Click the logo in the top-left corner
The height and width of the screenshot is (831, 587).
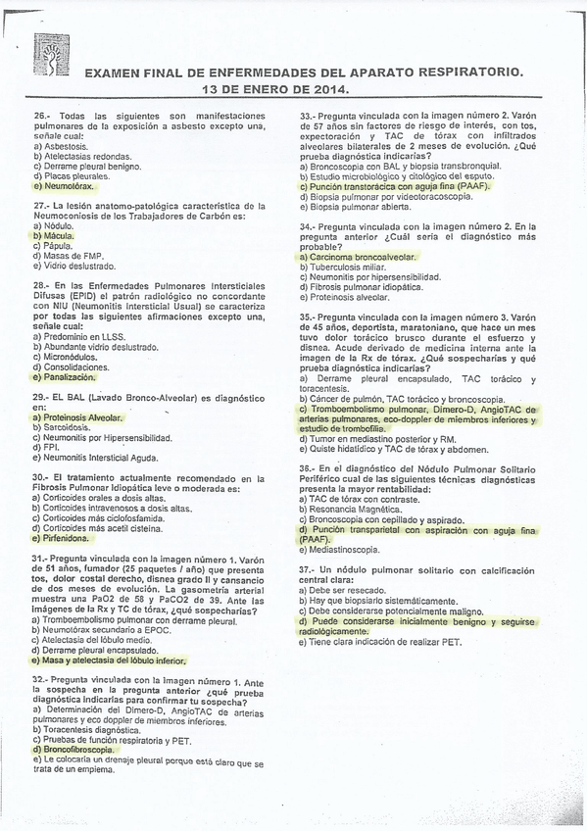pyautogui.click(x=47, y=55)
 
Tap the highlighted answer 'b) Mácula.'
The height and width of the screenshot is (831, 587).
pyautogui.click(x=54, y=236)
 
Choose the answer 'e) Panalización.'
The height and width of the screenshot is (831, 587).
pyautogui.click(x=65, y=376)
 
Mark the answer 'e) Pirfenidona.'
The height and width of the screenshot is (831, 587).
pyautogui.click(x=62, y=538)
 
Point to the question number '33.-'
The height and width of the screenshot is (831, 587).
pyautogui.click(x=310, y=116)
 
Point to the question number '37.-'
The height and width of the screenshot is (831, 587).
pyautogui.click(x=310, y=569)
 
